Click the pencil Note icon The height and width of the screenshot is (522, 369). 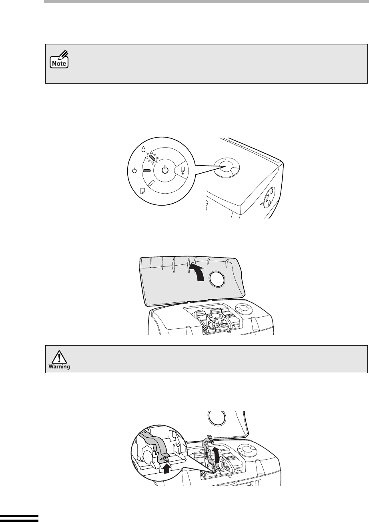[59, 59]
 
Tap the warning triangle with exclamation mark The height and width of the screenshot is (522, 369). [60, 357]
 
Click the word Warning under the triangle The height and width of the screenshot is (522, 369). [59, 366]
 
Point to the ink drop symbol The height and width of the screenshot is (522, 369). [143, 149]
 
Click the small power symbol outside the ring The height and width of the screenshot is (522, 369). [134, 171]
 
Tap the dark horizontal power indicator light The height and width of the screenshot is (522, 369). [146, 171]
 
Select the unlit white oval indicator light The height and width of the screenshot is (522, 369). [151, 183]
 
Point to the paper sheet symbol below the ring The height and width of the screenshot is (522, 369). [142, 191]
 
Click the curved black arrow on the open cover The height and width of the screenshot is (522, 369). [197, 272]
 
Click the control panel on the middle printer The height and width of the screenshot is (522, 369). [243, 309]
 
